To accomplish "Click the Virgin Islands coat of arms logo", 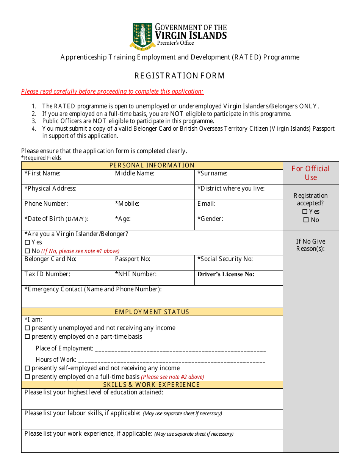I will [142, 36].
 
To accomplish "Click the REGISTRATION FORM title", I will [180, 76].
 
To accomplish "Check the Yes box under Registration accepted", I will [305, 212].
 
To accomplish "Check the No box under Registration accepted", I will [306, 220].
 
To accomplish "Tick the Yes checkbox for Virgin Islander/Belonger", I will [27, 242].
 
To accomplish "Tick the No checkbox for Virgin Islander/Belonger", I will [27, 251].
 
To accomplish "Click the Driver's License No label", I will [226, 274].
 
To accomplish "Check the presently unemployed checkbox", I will [27, 328].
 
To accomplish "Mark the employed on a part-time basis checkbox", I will [27, 337].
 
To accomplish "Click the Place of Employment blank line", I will [180, 349].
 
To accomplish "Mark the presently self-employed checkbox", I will [27, 368].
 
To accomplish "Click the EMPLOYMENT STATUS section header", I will [152, 312].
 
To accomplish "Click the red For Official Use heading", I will [311, 173].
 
